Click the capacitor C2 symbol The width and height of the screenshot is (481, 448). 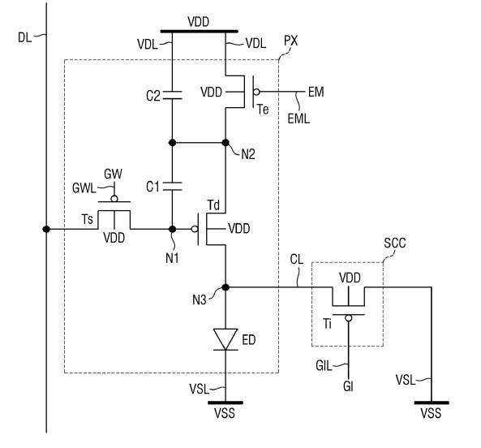(173, 95)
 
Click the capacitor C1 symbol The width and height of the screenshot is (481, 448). (173, 186)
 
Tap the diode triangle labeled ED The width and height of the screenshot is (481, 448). (225, 339)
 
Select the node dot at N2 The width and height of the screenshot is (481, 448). (225, 142)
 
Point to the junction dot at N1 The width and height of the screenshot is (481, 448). (173, 229)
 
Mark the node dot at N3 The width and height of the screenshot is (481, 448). (225, 287)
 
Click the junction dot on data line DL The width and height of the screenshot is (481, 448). (46, 229)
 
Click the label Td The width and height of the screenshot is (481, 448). (213, 205)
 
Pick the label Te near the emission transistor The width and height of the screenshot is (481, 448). (263, 110)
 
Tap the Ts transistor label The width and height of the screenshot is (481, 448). (87, 219)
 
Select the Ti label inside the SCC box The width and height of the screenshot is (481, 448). (328, 323)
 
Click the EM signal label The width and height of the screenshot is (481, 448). (316, 92)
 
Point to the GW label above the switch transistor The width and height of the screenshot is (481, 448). (114, 174)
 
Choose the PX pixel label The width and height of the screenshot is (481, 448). (291, 41)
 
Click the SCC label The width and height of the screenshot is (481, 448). (395, 243)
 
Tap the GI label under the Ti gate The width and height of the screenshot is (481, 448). (348, 386)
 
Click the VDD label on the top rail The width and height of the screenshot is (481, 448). (199, 22)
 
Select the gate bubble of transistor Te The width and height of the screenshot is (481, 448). (256, 92)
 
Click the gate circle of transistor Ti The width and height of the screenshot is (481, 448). (349, 318)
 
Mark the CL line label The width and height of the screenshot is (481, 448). (297, 260)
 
